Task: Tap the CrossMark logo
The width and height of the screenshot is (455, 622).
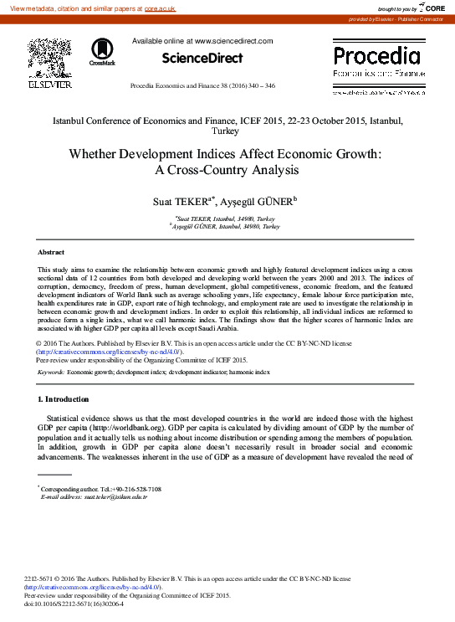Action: click(x=102, y=51)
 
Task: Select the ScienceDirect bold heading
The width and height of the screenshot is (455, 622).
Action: click(x=202, y=58)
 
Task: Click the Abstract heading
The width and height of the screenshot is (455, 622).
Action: click(x=51, y=252)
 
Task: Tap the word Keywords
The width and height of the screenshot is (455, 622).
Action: click(x=51, y=371)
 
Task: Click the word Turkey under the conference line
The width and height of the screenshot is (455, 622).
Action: click(x=227, y=131)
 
